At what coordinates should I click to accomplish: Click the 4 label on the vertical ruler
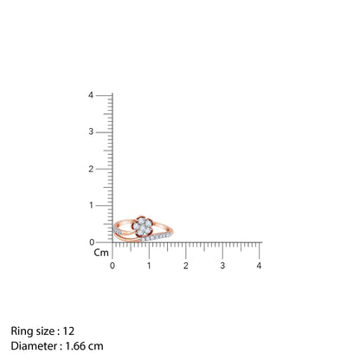tap(91, 95)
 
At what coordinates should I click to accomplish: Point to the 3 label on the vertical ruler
tap(91, 132)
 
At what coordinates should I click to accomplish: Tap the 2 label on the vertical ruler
tap(91, 169)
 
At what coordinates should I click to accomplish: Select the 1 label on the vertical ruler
tap(91, 205)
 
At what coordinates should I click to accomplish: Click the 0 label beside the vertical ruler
tap(92, 242)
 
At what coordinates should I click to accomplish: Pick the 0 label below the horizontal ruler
tap(112, 266)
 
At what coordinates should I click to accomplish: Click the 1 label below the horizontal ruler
tap(149, 266)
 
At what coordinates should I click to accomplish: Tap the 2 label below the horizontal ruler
tap(186, 266)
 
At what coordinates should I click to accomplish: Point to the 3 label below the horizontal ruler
tap(222, 266)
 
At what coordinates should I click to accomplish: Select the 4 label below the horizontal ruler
tap(259, 266)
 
